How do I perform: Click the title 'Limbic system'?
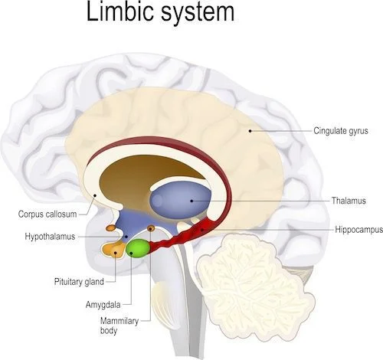(160, 13)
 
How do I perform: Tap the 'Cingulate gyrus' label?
(341, 131)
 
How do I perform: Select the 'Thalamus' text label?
(349, 201)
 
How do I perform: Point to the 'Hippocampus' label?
(359, 230)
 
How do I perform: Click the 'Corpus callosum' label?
(47, 214)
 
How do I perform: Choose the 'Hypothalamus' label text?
(50, 237)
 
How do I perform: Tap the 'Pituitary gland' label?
(79, 282)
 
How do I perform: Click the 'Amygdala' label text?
(103, 305)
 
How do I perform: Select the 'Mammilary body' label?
(119, 326)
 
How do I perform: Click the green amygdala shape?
(138, 249)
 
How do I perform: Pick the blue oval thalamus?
(181, 200)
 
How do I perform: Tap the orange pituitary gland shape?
(114, 250)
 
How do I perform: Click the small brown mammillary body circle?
(151, 228)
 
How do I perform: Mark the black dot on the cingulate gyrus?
(250, 131)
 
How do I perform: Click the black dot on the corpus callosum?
(95, 195)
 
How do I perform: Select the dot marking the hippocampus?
(202, 230)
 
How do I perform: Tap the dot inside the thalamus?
(191, 201)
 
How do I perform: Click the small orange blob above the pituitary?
(111, 227)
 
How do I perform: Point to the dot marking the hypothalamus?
(126, 237)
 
